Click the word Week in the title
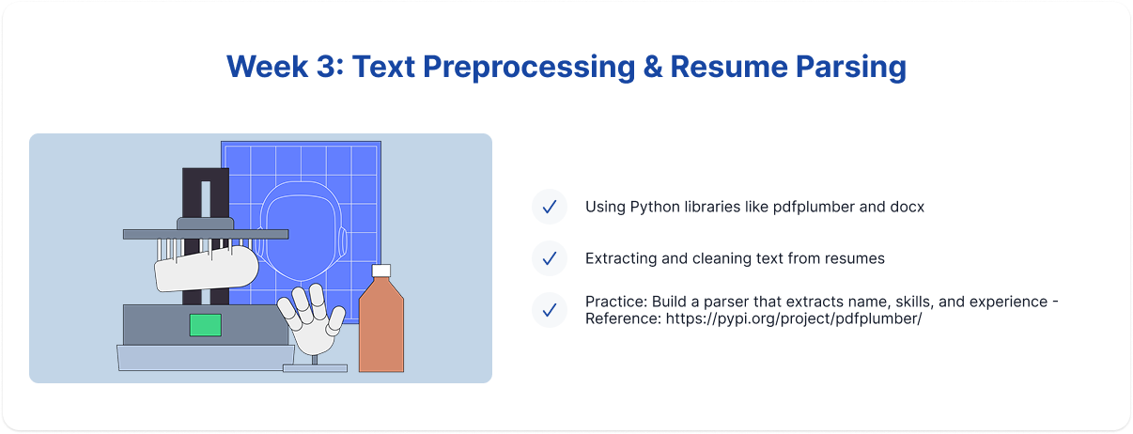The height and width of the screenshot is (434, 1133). pyautogui.click(x=267, y=67)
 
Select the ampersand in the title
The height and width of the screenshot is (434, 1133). pyautogui.click(x=653, y=67)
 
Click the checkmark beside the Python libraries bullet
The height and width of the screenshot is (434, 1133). pyautogui.click(x=550, y=207)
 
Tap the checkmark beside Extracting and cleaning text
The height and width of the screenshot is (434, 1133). pyautogui.click(x=550, y=258)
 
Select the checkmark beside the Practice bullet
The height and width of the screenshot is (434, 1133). pyautogui.click(x=550, y=310)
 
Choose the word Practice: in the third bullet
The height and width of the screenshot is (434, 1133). pyautogui.click(x=616, y=302)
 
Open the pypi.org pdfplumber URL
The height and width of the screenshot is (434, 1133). pyautogui.click(x=794, y=318)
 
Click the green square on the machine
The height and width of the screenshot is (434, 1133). pyautogui.click(x=206, y=325)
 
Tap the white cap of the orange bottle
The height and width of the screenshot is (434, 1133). pyautogui.click(x=381, y=271)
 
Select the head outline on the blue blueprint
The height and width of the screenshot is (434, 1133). pyautogui.click(x=303, y=231)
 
